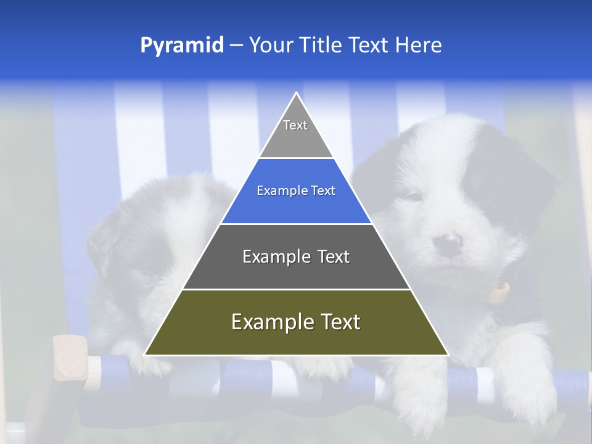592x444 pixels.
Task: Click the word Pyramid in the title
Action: coord(182,46)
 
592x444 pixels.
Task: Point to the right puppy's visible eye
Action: coord(414,196)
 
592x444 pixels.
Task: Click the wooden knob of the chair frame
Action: coord(68,358)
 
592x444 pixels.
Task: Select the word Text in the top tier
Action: coord(295,125)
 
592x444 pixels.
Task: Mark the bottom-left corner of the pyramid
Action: coord(145,355)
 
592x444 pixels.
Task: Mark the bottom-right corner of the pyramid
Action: coord(448,355)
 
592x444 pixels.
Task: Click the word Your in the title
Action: coord(271,46)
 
